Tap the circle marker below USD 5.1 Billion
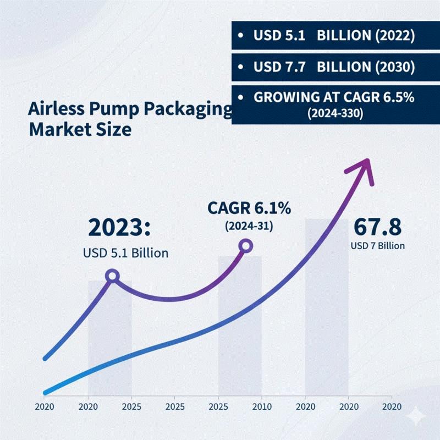pyautogui.click(x=112, y=276)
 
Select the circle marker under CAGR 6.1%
pyautogui.click(x=246, y=246)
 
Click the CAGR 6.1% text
pyautogui.click(x=249, y=208)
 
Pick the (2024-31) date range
pyautogui.click(x=249, y=226)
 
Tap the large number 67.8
pyautogui.click(x=377, y=226)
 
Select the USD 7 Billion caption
pyautogui.click(x=377, y=245)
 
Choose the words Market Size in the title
pyautogui.click(x=80, y=130)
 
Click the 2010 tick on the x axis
pyautogui.click(x=261, y=408)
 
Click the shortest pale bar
pyautogui.click(x=110, y=338)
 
